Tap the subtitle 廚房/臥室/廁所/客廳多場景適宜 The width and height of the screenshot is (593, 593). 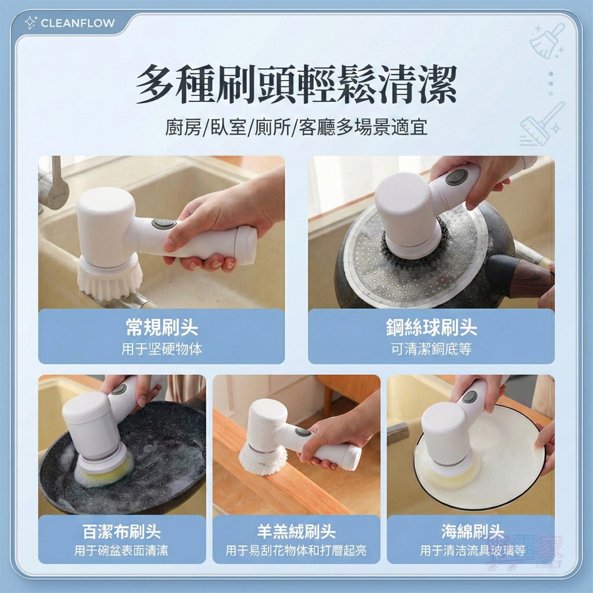point(296,127)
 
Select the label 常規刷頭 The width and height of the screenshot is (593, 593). point(161,327)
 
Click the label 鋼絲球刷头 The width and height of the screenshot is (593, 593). point(431,327)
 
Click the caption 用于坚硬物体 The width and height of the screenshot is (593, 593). point(161,349)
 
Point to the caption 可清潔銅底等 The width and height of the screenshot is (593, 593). point(431,349)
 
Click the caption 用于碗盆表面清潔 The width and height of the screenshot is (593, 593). point(121,551)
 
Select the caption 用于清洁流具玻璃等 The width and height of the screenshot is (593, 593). point(472,551)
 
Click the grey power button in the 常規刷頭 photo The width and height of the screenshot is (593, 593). point(161,224)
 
